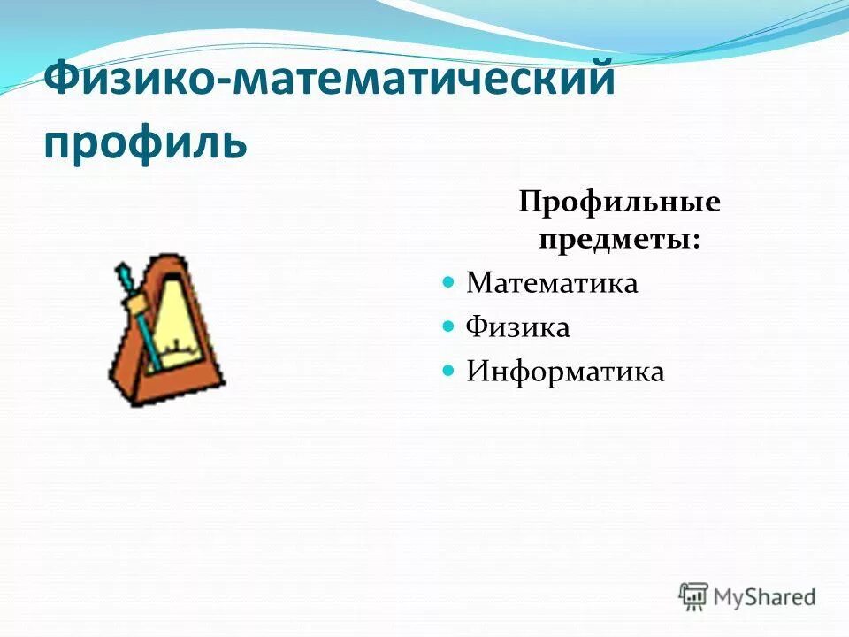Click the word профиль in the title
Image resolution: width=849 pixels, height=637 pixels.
click(x=144, y=142)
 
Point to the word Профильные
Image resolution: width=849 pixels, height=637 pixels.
click(x=619, y=203)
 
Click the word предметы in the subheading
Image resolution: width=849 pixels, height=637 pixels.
click(x=613, y=239)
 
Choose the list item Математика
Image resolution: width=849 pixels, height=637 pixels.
click(x=552, y=283)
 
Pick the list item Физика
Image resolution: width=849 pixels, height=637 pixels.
click(x=517, y=327)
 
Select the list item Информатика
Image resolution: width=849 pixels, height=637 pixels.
click(x=565, y=371)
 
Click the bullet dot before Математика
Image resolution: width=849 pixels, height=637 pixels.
click(x=447, y=282)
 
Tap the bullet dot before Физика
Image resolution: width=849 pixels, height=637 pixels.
click(x=447, y=326)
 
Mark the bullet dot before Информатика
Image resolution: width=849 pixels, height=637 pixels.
click(x=447, y=370)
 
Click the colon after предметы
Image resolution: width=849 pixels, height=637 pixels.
click(x=695, y=242)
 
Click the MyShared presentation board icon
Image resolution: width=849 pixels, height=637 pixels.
click(x=693, y=595)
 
